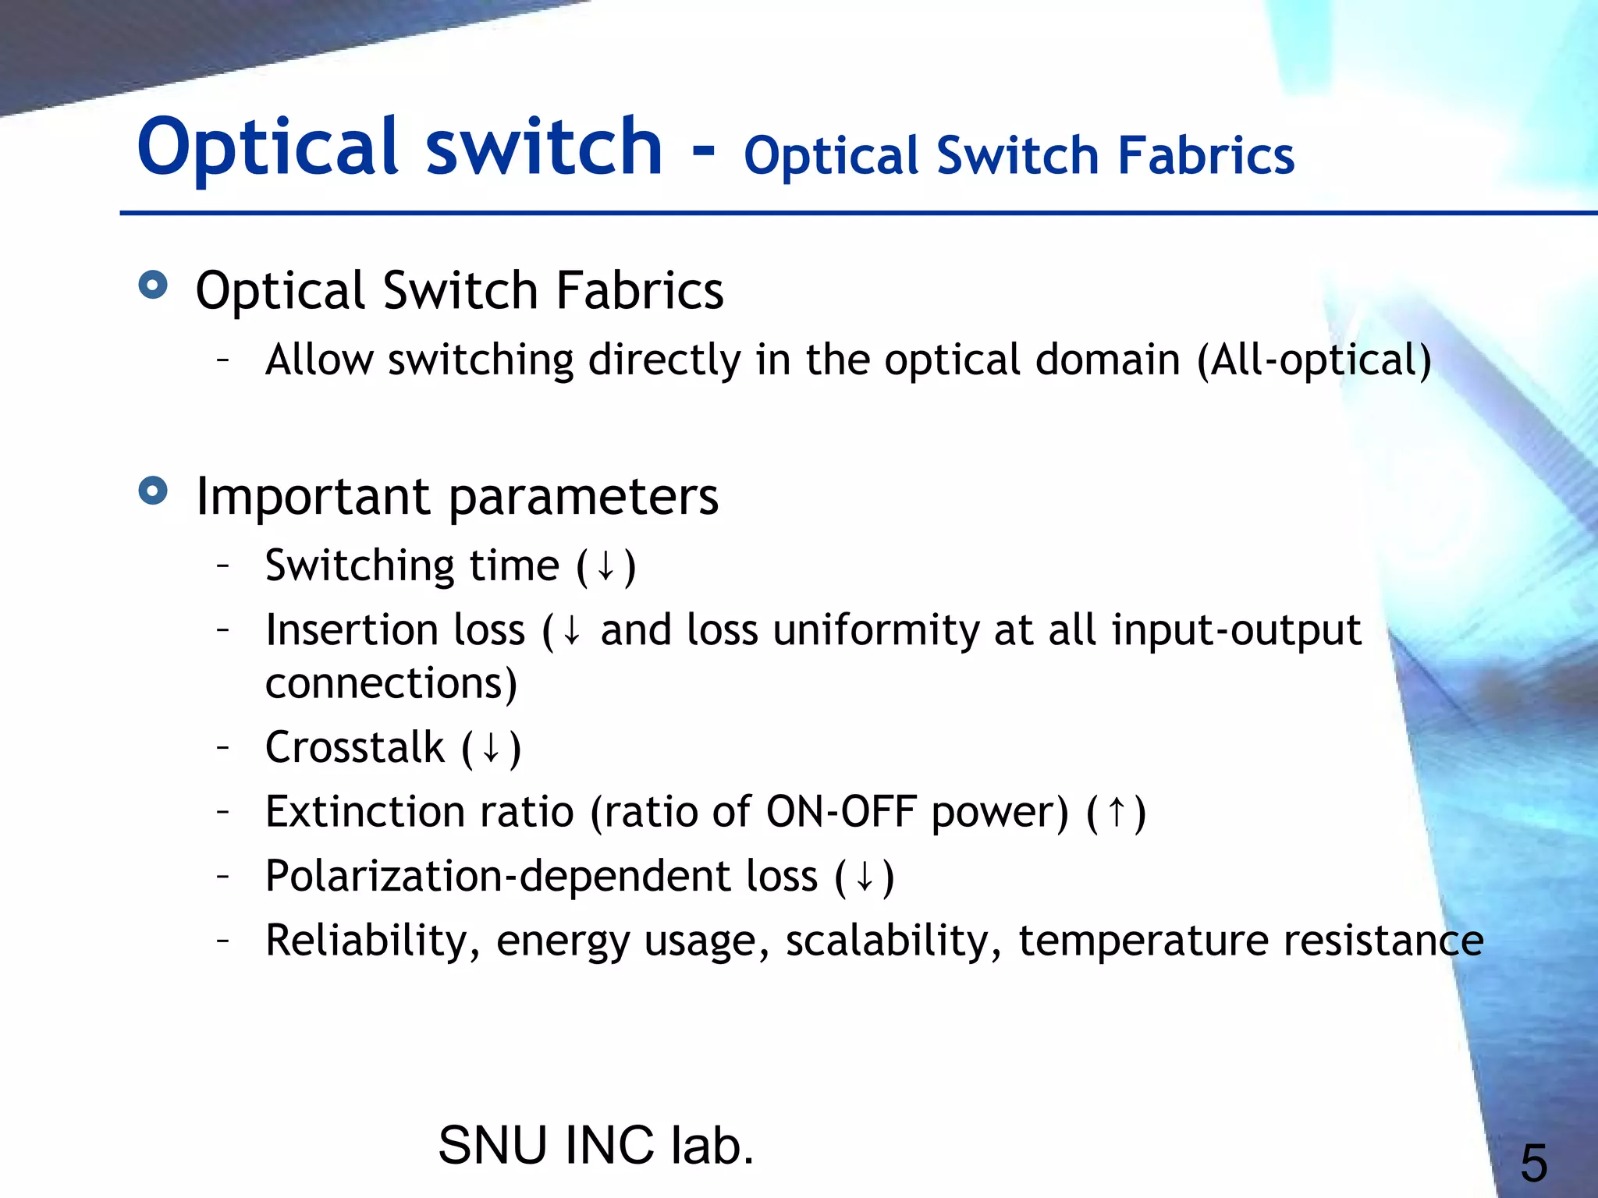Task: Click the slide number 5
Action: [1533, 1163]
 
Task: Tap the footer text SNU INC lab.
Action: [596, 1145]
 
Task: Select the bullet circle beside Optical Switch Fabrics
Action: [153, 285]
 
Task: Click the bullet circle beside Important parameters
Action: [153, 491]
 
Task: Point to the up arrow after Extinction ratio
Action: [1117, 812]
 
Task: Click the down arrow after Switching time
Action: [605, 566]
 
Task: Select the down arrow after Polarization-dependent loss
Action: [864, 877]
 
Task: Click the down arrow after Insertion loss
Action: [571, 630]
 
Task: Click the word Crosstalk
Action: [355, 747]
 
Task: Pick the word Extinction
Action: [364, 812]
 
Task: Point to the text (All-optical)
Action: [1315, 360]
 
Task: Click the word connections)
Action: [391, 683]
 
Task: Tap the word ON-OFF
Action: [841, 812]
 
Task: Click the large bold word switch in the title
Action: [544, 147]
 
